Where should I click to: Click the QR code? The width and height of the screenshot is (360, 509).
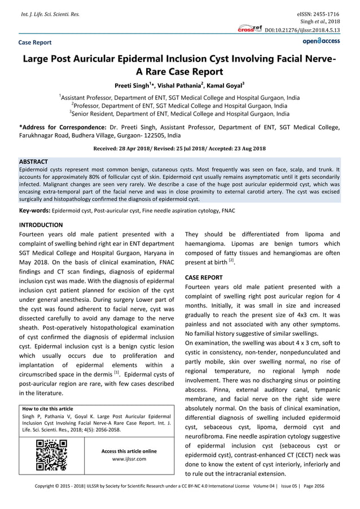[52, 455]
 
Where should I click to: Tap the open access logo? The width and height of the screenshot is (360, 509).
[322, 42]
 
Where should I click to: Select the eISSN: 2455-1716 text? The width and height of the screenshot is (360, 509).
[317, 12]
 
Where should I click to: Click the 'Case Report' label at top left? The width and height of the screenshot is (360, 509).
[35, 42]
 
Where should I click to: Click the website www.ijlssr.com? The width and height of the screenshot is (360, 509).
[129, 459]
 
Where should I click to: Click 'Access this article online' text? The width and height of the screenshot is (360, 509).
[129, 451]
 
